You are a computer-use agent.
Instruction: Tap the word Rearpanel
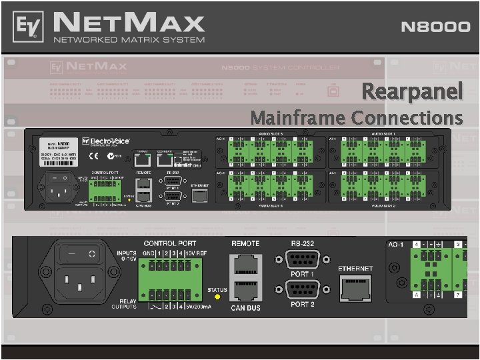412,91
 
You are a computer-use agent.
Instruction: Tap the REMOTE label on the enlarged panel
245,243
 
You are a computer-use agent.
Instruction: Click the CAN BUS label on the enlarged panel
245,308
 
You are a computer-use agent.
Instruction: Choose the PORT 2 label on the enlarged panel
302,304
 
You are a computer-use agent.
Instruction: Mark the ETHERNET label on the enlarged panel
355,268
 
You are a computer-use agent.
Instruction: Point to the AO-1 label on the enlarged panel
397,244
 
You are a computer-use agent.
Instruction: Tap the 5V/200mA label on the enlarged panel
199,306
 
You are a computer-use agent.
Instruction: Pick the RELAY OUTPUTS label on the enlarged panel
125,304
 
